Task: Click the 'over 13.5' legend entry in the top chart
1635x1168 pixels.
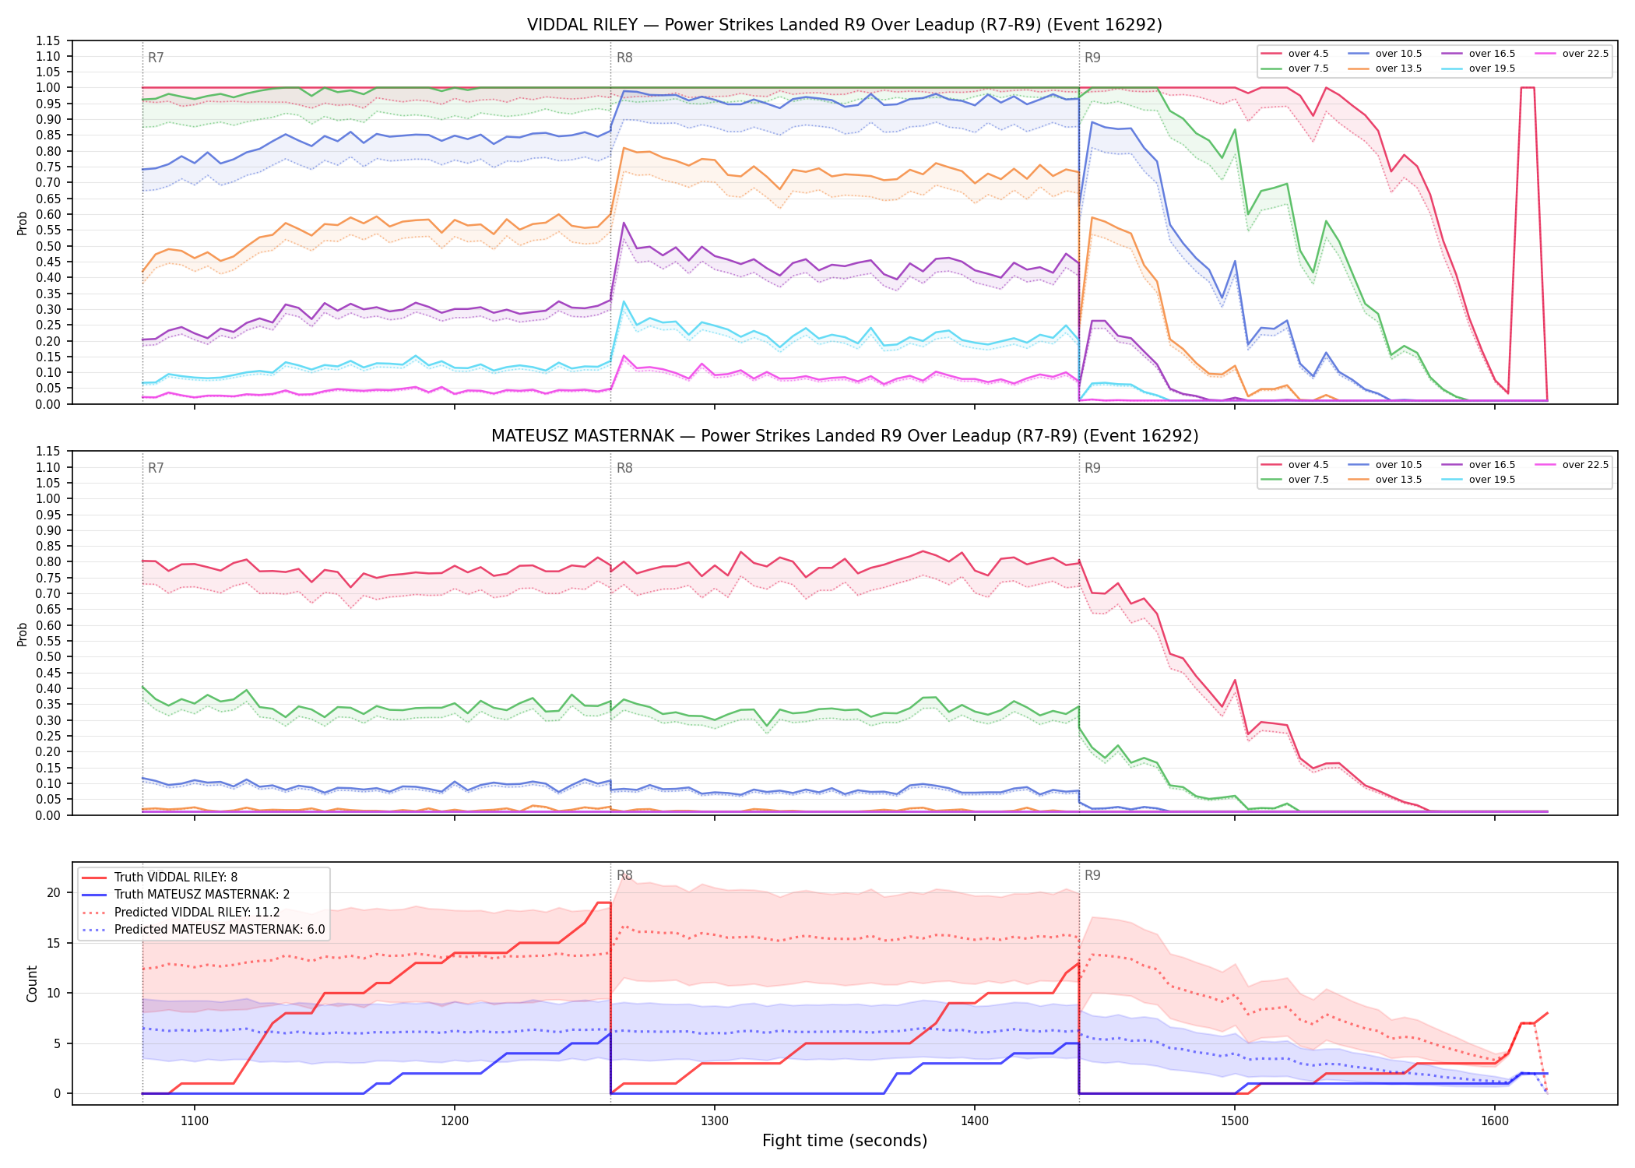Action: tap(1385, 69)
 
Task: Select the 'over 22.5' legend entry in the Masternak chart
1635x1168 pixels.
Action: tap(1572, 465)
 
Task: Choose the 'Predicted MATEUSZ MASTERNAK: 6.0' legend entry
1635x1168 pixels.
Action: tap(203, 929)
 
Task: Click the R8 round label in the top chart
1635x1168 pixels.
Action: tap(624, 58)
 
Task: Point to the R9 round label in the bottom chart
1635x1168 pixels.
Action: tap(1092, 875)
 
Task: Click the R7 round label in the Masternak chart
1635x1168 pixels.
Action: tap(156, 468)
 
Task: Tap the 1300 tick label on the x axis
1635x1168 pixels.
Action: tap(715, 1121)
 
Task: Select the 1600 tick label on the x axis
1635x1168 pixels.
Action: tap(1495, 1121)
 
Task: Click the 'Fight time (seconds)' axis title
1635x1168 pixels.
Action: tap(845, 1141)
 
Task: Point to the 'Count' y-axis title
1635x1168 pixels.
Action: tap(32, 983)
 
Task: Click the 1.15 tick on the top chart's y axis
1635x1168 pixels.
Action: tap(48, 40)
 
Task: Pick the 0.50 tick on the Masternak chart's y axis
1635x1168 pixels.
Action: tap(48, 656)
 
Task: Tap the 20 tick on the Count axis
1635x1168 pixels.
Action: tap(54, 892)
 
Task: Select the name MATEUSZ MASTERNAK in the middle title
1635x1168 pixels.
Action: tap(583, 436)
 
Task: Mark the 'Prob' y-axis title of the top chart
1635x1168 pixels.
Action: tap(23, 223)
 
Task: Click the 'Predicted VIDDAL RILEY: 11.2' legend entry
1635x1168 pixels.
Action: tap(181, 912)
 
